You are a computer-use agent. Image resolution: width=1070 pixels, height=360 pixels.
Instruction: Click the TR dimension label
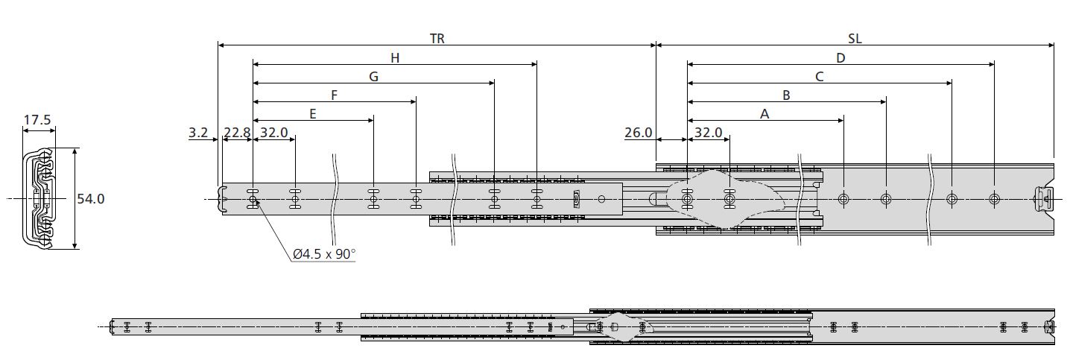click(437, 39)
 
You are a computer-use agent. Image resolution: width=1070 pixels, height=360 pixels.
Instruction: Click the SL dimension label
click(855, 39)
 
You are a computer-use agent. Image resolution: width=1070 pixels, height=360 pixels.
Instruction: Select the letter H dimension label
click(395, 57)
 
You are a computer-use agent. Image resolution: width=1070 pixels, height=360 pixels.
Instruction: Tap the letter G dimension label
click(373, 76)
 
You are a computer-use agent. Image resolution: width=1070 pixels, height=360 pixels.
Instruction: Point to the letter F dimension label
click(335, 95)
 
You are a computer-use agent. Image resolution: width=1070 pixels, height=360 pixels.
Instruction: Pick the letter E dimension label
click(313, 113)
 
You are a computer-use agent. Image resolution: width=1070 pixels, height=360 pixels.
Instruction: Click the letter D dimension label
click(841, 57)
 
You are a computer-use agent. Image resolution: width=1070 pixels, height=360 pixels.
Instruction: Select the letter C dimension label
click(819, 76)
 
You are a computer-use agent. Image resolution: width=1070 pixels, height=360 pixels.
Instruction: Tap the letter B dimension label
click(786, 95)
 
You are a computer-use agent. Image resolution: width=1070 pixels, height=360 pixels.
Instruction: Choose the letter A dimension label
click(764, 113)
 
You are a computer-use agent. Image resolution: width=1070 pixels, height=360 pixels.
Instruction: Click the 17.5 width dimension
click(37, 119)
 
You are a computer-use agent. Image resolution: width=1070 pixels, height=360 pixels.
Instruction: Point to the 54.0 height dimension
click(91, 199)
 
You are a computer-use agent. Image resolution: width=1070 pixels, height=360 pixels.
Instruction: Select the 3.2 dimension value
click(198, 133)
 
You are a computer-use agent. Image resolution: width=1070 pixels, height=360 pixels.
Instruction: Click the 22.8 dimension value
click(237, 133)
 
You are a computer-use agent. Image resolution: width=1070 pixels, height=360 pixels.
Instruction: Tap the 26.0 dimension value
click(639, 133)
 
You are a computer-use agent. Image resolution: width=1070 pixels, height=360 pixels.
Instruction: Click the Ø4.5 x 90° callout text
click(324, 254)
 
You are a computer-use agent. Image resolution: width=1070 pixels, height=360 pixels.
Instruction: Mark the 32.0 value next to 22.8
click(273, 133)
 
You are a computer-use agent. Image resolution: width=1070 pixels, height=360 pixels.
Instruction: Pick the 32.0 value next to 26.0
click(708, 133)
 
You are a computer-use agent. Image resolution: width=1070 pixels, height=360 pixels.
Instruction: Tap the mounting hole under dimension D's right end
click(994, 199)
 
